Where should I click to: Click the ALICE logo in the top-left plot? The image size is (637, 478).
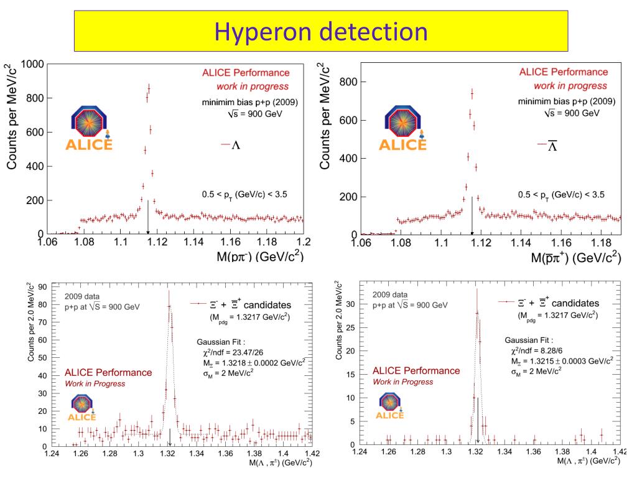[89, 128]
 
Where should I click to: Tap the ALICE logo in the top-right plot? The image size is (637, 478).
[402, 128]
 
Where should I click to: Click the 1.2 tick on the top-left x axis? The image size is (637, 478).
[303, 243]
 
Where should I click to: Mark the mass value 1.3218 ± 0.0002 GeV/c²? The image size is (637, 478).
[251, 363]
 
